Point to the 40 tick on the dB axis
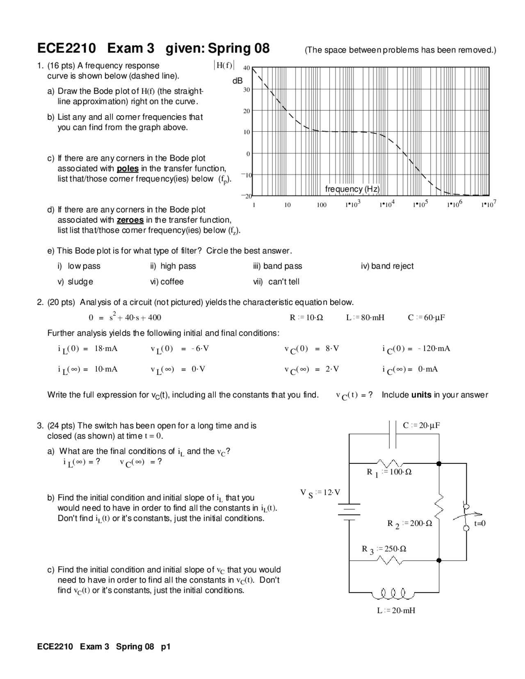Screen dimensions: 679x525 click(247, 68)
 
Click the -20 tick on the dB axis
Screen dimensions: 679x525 click(246, 196)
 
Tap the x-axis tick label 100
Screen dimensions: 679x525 click(322, 205)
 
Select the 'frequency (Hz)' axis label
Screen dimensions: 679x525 click(352, 189)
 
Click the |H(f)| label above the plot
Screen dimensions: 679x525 click(224, 66)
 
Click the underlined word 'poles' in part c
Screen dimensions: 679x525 click(128, 169)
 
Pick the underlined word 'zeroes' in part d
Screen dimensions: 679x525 click(130, 220)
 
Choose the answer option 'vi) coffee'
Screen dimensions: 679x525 click(167, 282)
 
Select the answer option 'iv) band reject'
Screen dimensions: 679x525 click(387, 266)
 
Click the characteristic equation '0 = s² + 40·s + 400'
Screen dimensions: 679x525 click(125, 317)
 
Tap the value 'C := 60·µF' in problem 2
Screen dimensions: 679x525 click(426, 317)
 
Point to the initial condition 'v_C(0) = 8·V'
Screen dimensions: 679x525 click(312, 349)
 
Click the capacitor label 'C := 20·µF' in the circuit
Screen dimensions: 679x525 click(421, 425)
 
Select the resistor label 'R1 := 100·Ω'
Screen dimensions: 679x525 click(389, 472)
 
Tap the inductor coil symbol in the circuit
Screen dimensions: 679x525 click(389, 593)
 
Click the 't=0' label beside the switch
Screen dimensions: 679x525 click(479, 523)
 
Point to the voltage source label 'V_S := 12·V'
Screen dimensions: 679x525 click(320, 492)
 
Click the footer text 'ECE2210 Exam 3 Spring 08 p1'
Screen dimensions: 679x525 click(103, 647)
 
